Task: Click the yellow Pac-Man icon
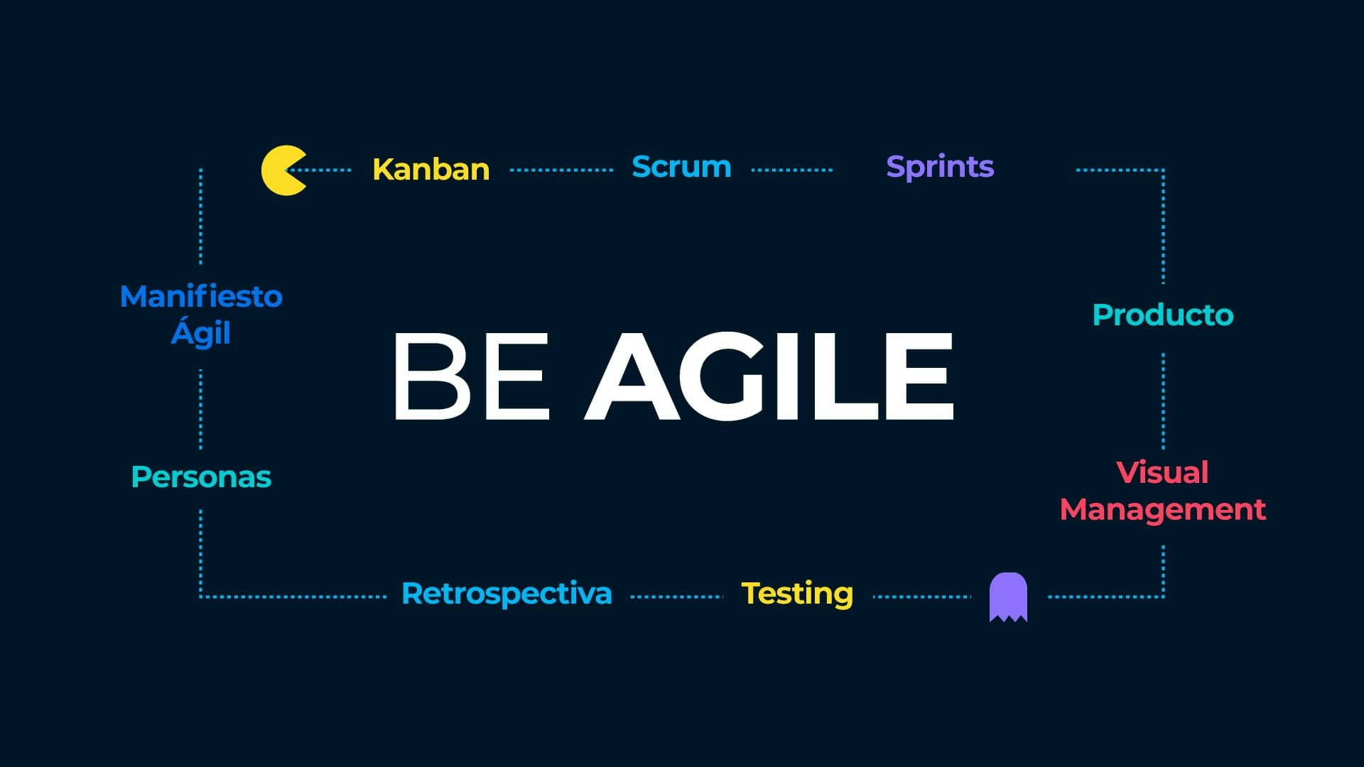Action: click(282, 170)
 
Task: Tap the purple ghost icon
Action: click(1008, 597)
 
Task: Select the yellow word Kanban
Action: click(431, 169)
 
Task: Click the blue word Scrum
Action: click(681, 167)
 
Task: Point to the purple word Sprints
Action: click(940, 168)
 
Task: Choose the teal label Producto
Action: click(1163, 315)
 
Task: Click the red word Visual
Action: click(1162, 472)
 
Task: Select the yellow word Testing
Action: click(797, 594)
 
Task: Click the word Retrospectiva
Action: click(507, 594)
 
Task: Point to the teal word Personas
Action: click(201, 477)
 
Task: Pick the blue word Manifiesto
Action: click(201, 296)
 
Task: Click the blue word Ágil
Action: click(201, 332)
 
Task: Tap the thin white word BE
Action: click(472, 376)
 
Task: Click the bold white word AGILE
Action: click(769, 376)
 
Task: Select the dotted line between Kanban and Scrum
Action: click(561, 170)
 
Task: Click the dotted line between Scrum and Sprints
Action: click(791, 170)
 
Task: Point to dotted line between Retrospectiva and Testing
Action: click(676, 597)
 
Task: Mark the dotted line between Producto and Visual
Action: click(1163, 401)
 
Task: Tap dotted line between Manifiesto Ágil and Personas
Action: click(200, 409)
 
